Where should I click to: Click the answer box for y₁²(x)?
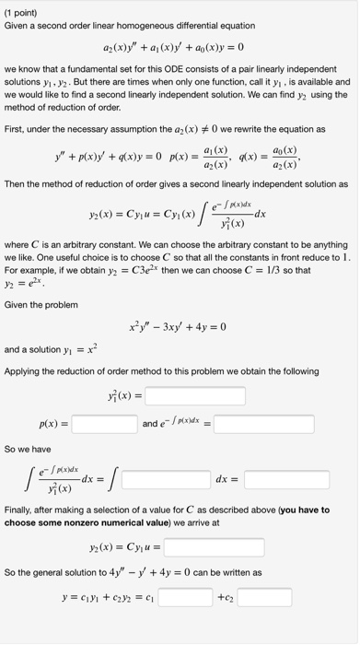195,397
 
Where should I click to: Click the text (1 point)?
20,11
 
